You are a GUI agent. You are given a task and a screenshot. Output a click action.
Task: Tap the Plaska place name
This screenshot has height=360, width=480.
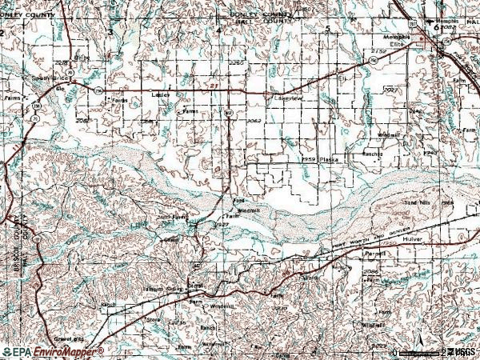[x=329, y=160]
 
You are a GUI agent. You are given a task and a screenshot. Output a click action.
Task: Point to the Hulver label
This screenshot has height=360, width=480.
[x=413, y=239]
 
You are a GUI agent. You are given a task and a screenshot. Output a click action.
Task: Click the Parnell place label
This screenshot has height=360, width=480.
[x=374, y=254]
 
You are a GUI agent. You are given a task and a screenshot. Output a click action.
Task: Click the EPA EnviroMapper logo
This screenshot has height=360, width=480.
[x=52, y=352]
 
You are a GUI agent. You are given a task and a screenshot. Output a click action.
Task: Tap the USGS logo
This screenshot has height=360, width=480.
[x=462, y=352]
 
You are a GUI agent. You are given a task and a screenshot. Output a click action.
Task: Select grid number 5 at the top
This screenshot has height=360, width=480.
[x=327, y=29]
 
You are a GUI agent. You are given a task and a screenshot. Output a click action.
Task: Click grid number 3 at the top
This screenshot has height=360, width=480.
[x=110, y=30]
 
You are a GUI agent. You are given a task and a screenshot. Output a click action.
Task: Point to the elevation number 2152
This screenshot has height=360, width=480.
[x=378, y=51]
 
